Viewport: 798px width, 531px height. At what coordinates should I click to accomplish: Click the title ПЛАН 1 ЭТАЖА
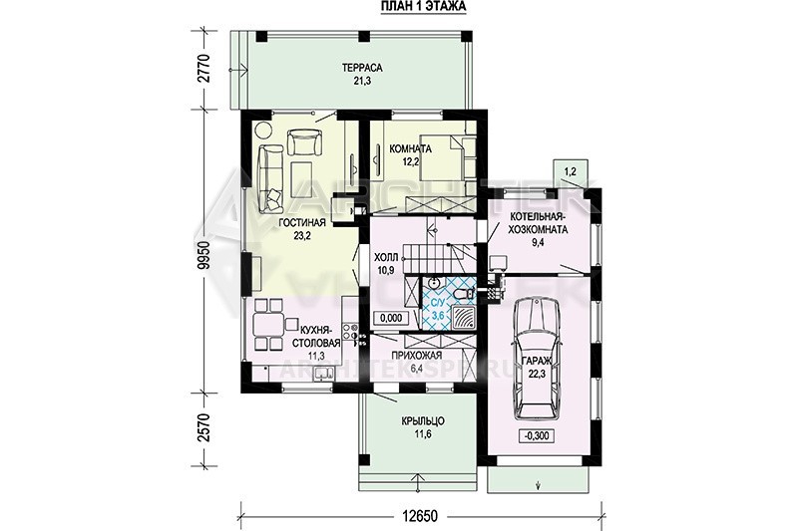[423, 7]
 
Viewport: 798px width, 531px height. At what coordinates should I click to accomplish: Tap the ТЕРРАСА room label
[362, 68]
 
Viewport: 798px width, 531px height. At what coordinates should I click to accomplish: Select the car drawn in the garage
[537, 359]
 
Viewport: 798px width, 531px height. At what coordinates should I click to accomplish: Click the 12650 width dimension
[420, 516]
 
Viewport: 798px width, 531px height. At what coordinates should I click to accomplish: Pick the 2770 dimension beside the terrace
[204, 69]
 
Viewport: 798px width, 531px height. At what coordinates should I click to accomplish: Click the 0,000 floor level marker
[391, 318]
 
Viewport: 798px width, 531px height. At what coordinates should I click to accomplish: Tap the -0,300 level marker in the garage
[537, 436]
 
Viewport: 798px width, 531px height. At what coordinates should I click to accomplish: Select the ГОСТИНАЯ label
[302, 223]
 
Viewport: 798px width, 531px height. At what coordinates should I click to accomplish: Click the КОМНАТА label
[410, 148]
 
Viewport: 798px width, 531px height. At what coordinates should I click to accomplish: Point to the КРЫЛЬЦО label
[423, 421]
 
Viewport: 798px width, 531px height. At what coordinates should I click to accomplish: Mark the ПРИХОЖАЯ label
[417, 356]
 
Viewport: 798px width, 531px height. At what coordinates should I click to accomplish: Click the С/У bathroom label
[437, 304]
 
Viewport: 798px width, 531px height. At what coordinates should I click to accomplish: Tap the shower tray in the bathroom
[463, 318]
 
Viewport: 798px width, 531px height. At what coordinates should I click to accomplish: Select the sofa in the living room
[269, 178]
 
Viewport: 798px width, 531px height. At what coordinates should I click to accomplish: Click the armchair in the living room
[305, 141]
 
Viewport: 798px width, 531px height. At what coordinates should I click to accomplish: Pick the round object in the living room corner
[263, 130]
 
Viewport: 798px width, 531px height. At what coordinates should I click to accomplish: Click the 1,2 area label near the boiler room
[570, 171]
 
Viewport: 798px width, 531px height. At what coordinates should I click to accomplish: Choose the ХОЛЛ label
[386, 258]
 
